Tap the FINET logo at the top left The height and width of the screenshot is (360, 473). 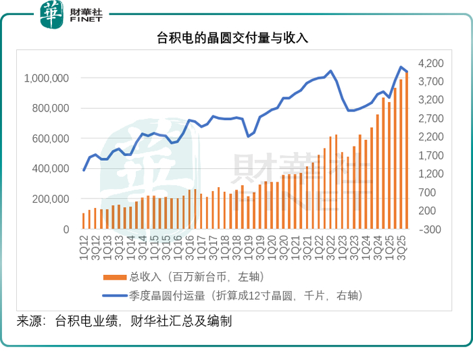point(70,14)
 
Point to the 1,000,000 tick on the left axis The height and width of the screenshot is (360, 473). point(46,78)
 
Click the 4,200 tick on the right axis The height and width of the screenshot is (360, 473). point(431,63)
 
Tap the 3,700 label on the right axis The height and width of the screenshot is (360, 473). point(431,82)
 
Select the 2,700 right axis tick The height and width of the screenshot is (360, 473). point(431,119)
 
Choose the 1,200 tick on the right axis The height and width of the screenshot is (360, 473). point(431,174)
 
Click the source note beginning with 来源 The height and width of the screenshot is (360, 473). point(125,322)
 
